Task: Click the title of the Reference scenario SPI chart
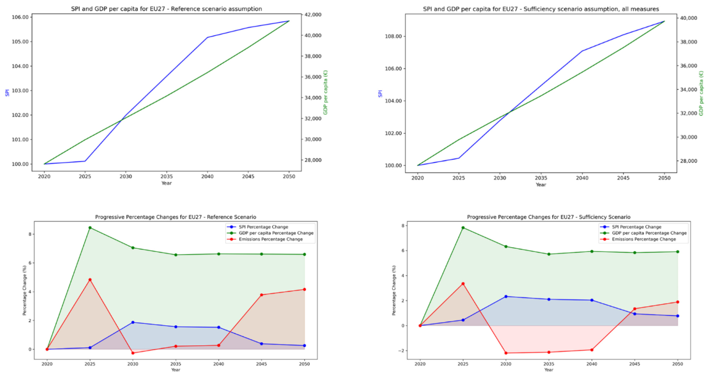(x=166, y=9)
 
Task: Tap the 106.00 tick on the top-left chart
(x=20, y=17)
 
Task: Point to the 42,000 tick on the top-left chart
(x=313, y=15)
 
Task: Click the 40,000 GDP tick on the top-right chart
(x=689, y=18)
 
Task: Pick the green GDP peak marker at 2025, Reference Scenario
(x=90, y=228)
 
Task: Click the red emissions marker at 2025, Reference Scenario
(x=90, y=279)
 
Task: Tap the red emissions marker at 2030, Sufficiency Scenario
(x=506, y=353)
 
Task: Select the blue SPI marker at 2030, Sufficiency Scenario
(x=506, y=297)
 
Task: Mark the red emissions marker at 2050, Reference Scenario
(x=304, y=290)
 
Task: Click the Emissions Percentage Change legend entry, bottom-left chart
(x=270, y=239)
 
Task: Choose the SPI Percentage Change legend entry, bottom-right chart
(x=636, y=227)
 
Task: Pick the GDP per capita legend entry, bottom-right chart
(x=649, y=233)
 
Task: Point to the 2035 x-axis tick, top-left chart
(x=167, y=176)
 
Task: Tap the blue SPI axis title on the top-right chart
(x=380, y=93)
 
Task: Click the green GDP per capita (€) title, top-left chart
(x=326, y=92)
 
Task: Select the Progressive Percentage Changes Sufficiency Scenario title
(x=548, y=217)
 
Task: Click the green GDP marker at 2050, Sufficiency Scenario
(x=677, y=252)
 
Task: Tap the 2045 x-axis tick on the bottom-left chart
(x=262, y=364)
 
